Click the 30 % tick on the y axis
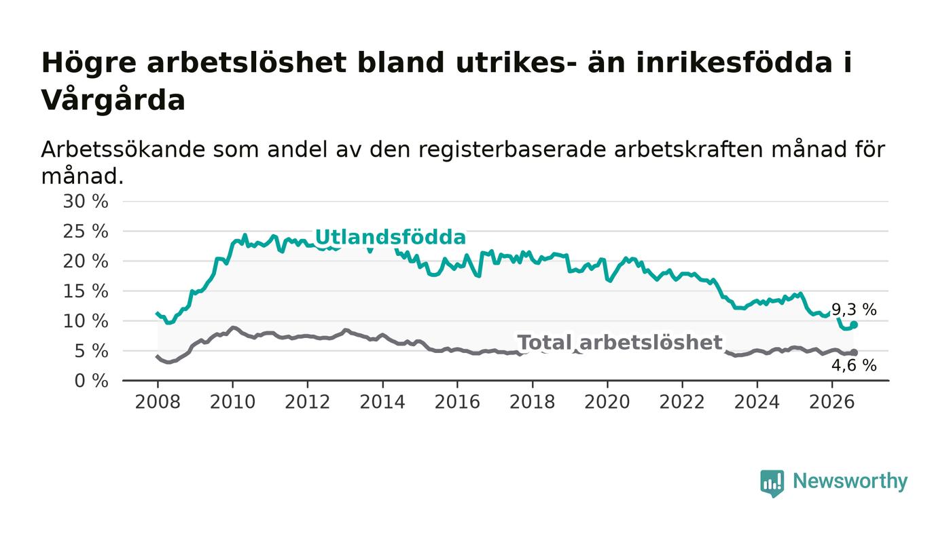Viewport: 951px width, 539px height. pyautogui.click(x=86, y=201)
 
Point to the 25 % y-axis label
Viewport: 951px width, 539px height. pyautogui.click(x=86, y=231)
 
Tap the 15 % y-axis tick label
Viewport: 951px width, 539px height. pyautogui.click(x=86, y=291)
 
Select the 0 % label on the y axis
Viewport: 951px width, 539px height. pyautogui.click(x=91, y=381)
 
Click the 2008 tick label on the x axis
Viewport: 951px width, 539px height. pyautogui.click(x=158, y=402)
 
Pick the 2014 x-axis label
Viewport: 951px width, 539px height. pyautogui.click(x=382, y=402)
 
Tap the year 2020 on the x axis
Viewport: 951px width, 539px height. pyautogui.click(x=607, y=402)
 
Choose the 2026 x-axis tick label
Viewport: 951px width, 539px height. pyautogui.click(x=831, y=402)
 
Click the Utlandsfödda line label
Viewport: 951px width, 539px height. pyautogui.click(x=390, y=237)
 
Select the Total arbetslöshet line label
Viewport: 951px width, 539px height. pyautogui.click(x=620, y=343)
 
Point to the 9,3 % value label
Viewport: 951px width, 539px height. pyautogui.click(x=854, y=310)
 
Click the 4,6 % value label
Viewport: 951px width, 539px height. pyautogui.click(x=854, y=365)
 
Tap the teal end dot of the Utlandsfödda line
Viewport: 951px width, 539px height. pyautogui.click(x=855, y=324)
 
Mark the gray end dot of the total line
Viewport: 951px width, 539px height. pyautogui.click(x=855, y=353)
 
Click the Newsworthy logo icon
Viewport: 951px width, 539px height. pyautogui.click(x=772, y=483)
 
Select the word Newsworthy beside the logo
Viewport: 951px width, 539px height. pyautogui.click(x=850, y=481)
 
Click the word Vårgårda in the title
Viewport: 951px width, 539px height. pyautogui.click(x=113, y=100)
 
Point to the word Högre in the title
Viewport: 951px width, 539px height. pyautogui.click(x=89, y=63)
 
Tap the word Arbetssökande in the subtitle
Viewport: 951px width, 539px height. pyautogui.click(x=123, y=149)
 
